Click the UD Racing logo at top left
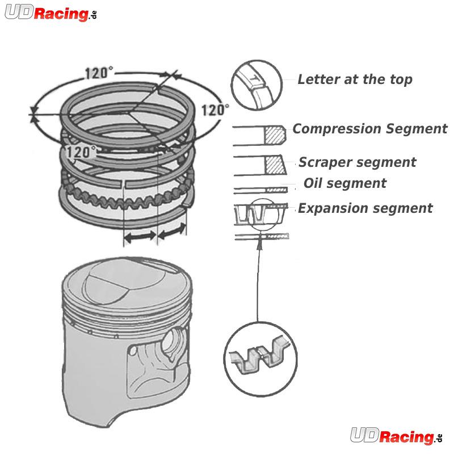[51, 13]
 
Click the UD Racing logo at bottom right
[396, 435]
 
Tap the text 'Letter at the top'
[355, 79]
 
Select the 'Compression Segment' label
[370, 129]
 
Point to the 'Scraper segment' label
[358, 162]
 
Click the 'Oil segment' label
[345, 183]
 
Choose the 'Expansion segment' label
[365, 208]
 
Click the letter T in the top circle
[254, 78]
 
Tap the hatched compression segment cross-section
[275, 134]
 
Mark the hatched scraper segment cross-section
[275, 165]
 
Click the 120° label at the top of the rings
[99, 73]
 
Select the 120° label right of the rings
[215, 110]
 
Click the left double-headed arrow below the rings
[140, 237]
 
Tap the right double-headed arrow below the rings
[171, 231]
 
